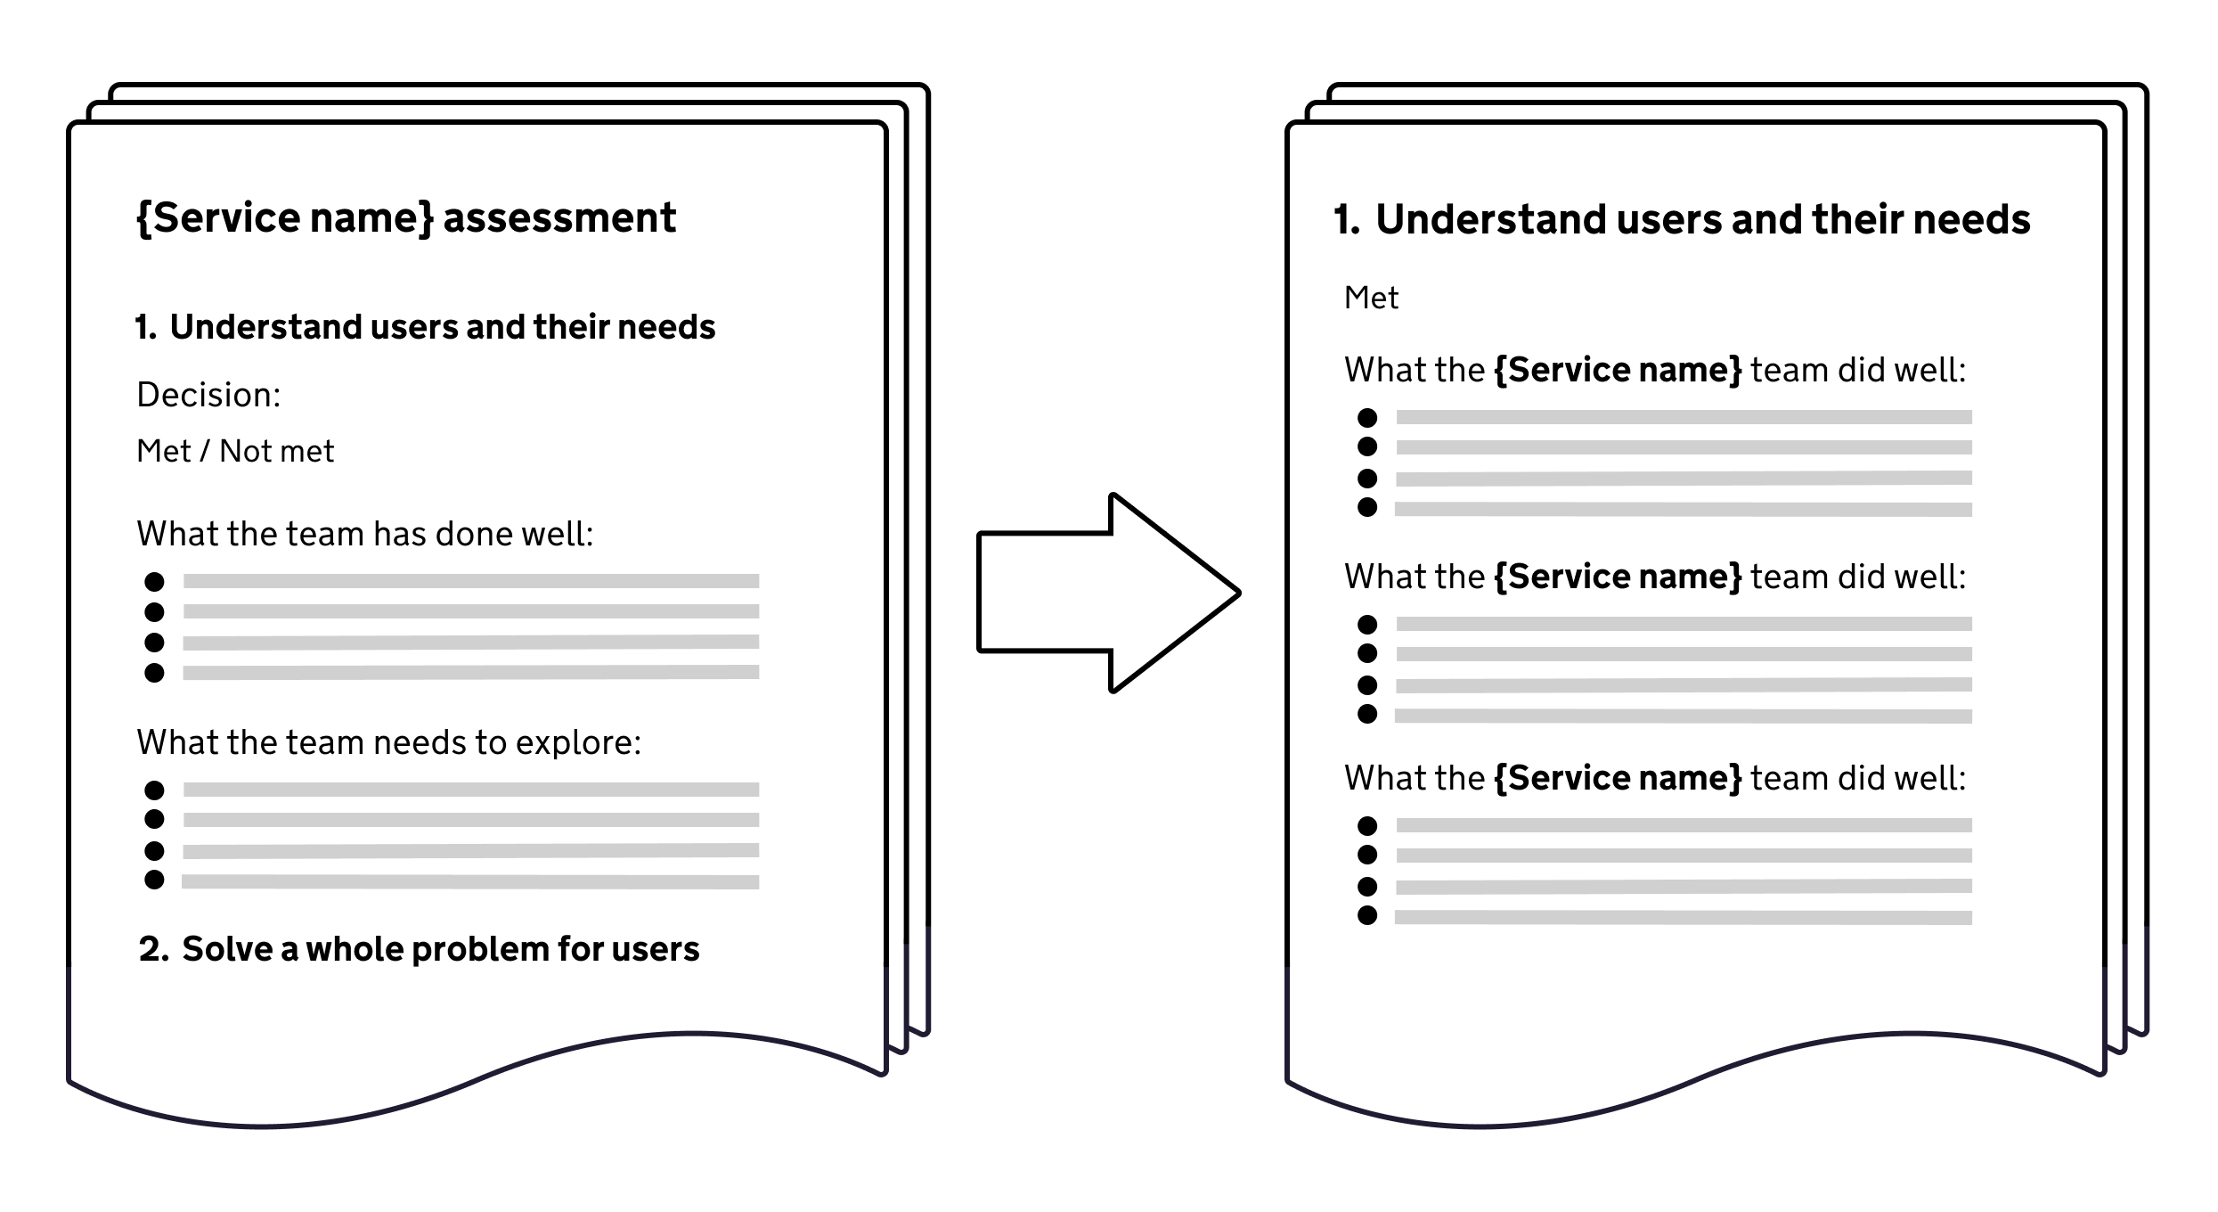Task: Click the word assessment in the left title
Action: [559, 218]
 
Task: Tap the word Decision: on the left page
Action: [208, 395]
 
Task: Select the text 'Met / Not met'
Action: [235, 452]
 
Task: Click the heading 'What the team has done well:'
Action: [365, 534]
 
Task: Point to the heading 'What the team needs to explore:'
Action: [389, 742]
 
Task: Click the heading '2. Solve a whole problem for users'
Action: [420, 949]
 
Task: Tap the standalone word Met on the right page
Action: [1371, 298]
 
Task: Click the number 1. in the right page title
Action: [1347, 220]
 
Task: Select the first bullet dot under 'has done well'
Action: [154, 582]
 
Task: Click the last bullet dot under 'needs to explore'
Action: [154, 880]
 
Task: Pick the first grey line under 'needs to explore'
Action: [471, 790]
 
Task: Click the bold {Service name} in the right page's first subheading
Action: [1617, 370]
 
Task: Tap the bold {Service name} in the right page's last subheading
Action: [1617, 778]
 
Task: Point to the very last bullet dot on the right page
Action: [1367, 915]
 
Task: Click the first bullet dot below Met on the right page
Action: [1367, 418]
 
